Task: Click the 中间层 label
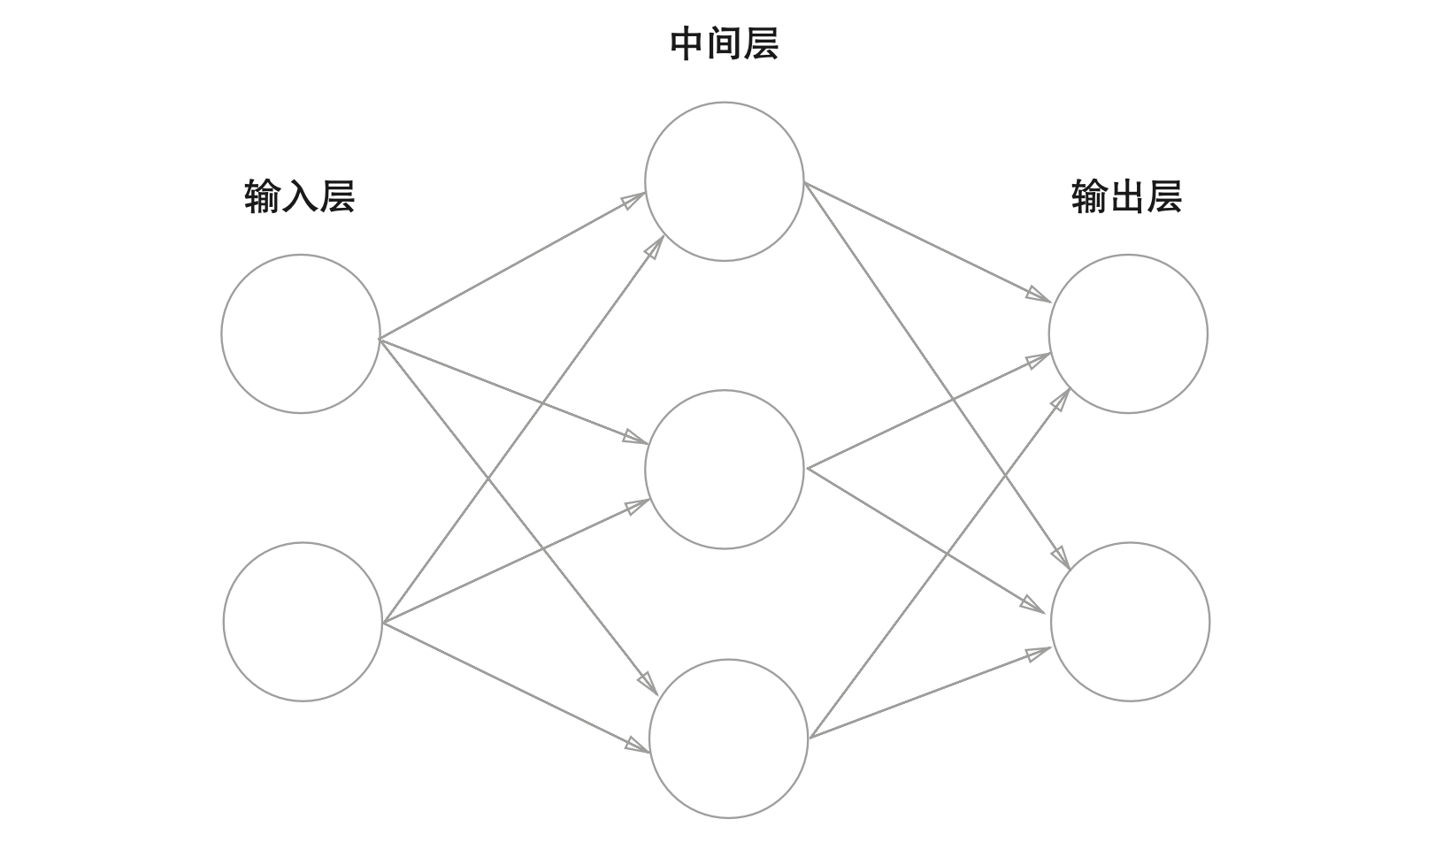724,44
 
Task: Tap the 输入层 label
299,196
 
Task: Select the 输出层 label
1126,196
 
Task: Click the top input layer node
301,334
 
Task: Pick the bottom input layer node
303,622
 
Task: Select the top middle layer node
725,181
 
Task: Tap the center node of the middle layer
725,470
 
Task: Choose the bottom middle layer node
729,739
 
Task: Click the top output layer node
1128,334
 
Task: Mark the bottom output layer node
1130,622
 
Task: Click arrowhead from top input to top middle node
633,200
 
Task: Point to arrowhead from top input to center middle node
635,437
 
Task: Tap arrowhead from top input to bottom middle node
647,683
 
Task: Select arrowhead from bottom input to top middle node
655,247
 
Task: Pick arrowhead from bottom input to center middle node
638,506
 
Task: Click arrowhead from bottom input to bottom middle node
637,745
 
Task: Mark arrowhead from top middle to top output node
1039,295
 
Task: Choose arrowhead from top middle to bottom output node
1061,557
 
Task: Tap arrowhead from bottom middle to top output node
1061,399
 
